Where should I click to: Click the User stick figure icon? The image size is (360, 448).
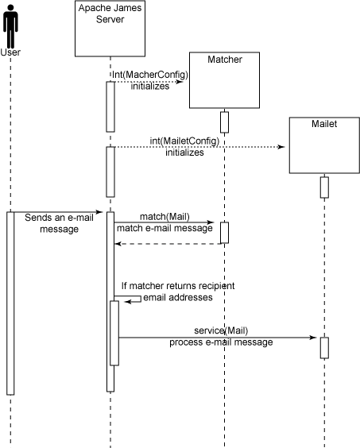point(10,26)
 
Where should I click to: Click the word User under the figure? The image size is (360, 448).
point(10,52)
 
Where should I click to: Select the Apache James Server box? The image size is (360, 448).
point(110,29)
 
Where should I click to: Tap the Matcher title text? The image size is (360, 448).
point(225,60)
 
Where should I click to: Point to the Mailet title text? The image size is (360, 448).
point(324,124)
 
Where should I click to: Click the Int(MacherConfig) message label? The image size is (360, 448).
point(150,75)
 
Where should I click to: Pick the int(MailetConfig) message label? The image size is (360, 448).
point(184,141)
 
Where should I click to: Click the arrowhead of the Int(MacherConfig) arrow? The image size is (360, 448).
point(180,82)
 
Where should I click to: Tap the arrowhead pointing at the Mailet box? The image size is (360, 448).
point(281,147)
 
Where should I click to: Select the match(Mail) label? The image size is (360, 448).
point(165,217)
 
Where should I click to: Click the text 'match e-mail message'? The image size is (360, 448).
point(165,228)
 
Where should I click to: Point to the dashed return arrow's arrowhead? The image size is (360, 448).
point(118,244)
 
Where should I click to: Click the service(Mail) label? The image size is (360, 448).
point(221,330)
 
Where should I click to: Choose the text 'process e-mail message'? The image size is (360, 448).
point(221,342)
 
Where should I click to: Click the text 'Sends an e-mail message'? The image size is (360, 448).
point(59,223)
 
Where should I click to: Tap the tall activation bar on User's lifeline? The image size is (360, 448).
point(10,303)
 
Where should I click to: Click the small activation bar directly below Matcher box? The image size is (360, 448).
point(224,122)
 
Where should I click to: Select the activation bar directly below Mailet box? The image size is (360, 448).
point(324,187)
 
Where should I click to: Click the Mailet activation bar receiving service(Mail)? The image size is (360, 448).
point(324,348)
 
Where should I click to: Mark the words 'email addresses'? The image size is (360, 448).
point(178,297)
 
